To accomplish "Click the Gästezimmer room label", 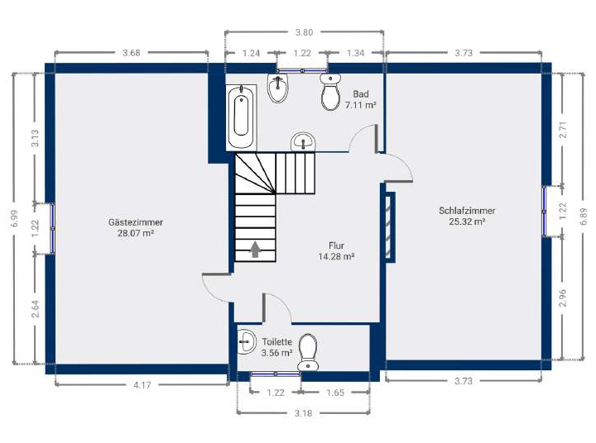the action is (x=135, y=222).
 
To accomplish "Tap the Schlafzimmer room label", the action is (x=467, y=211).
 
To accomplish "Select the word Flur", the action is (x=336, y=245).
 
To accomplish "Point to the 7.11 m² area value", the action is (x=360, y=105).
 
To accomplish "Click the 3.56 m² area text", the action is (x=276, y=353).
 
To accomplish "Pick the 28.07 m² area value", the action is (x=135, y=233).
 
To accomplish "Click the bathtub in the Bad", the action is (x=242, y=117).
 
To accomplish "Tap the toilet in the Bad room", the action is (x=330, y=92).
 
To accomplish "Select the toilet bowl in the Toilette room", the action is (x=308, y=352).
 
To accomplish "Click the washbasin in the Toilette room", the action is (x=247, y=342).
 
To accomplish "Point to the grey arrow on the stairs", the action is (x=255, y=249).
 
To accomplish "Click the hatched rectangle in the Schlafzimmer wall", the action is (x=389, y=227).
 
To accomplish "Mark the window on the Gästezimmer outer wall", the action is (x=53, y=228).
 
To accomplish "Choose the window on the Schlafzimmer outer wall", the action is (x=545, y=211).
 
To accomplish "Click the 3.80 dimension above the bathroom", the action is (x=304, y=32).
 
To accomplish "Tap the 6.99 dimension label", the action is (x=15, y=218).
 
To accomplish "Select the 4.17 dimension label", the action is (x=142, y=385).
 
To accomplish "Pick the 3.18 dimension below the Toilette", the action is (x=303, y=413).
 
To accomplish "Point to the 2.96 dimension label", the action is (x=563, y=298).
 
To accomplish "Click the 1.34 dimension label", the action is (x=355, y=53).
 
